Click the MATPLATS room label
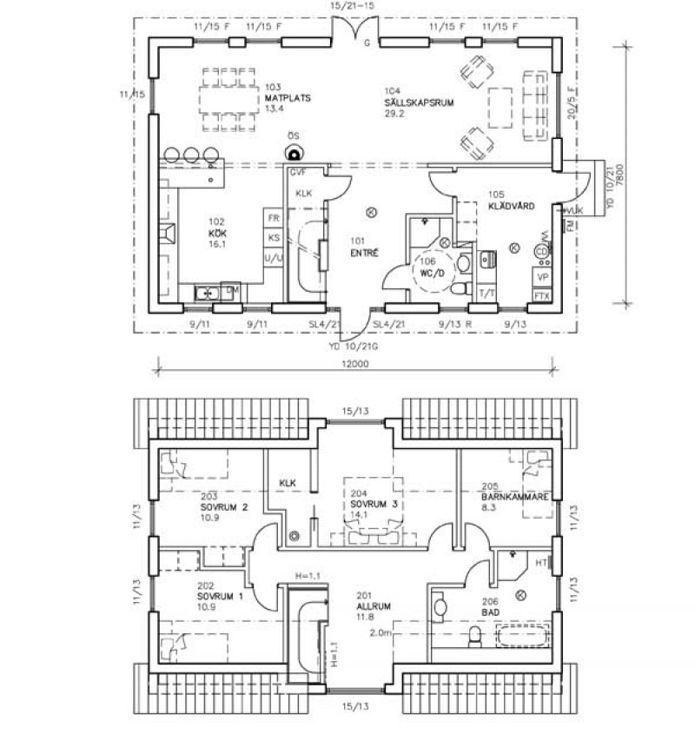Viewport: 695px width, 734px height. (281, 98)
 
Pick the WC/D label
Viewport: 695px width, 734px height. (433, 272)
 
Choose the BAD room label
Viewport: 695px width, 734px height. (491, 612)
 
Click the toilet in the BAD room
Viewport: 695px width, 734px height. (474, 638)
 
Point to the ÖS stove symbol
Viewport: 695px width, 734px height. (294, 149)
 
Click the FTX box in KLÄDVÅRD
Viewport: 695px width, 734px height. (542, 295)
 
